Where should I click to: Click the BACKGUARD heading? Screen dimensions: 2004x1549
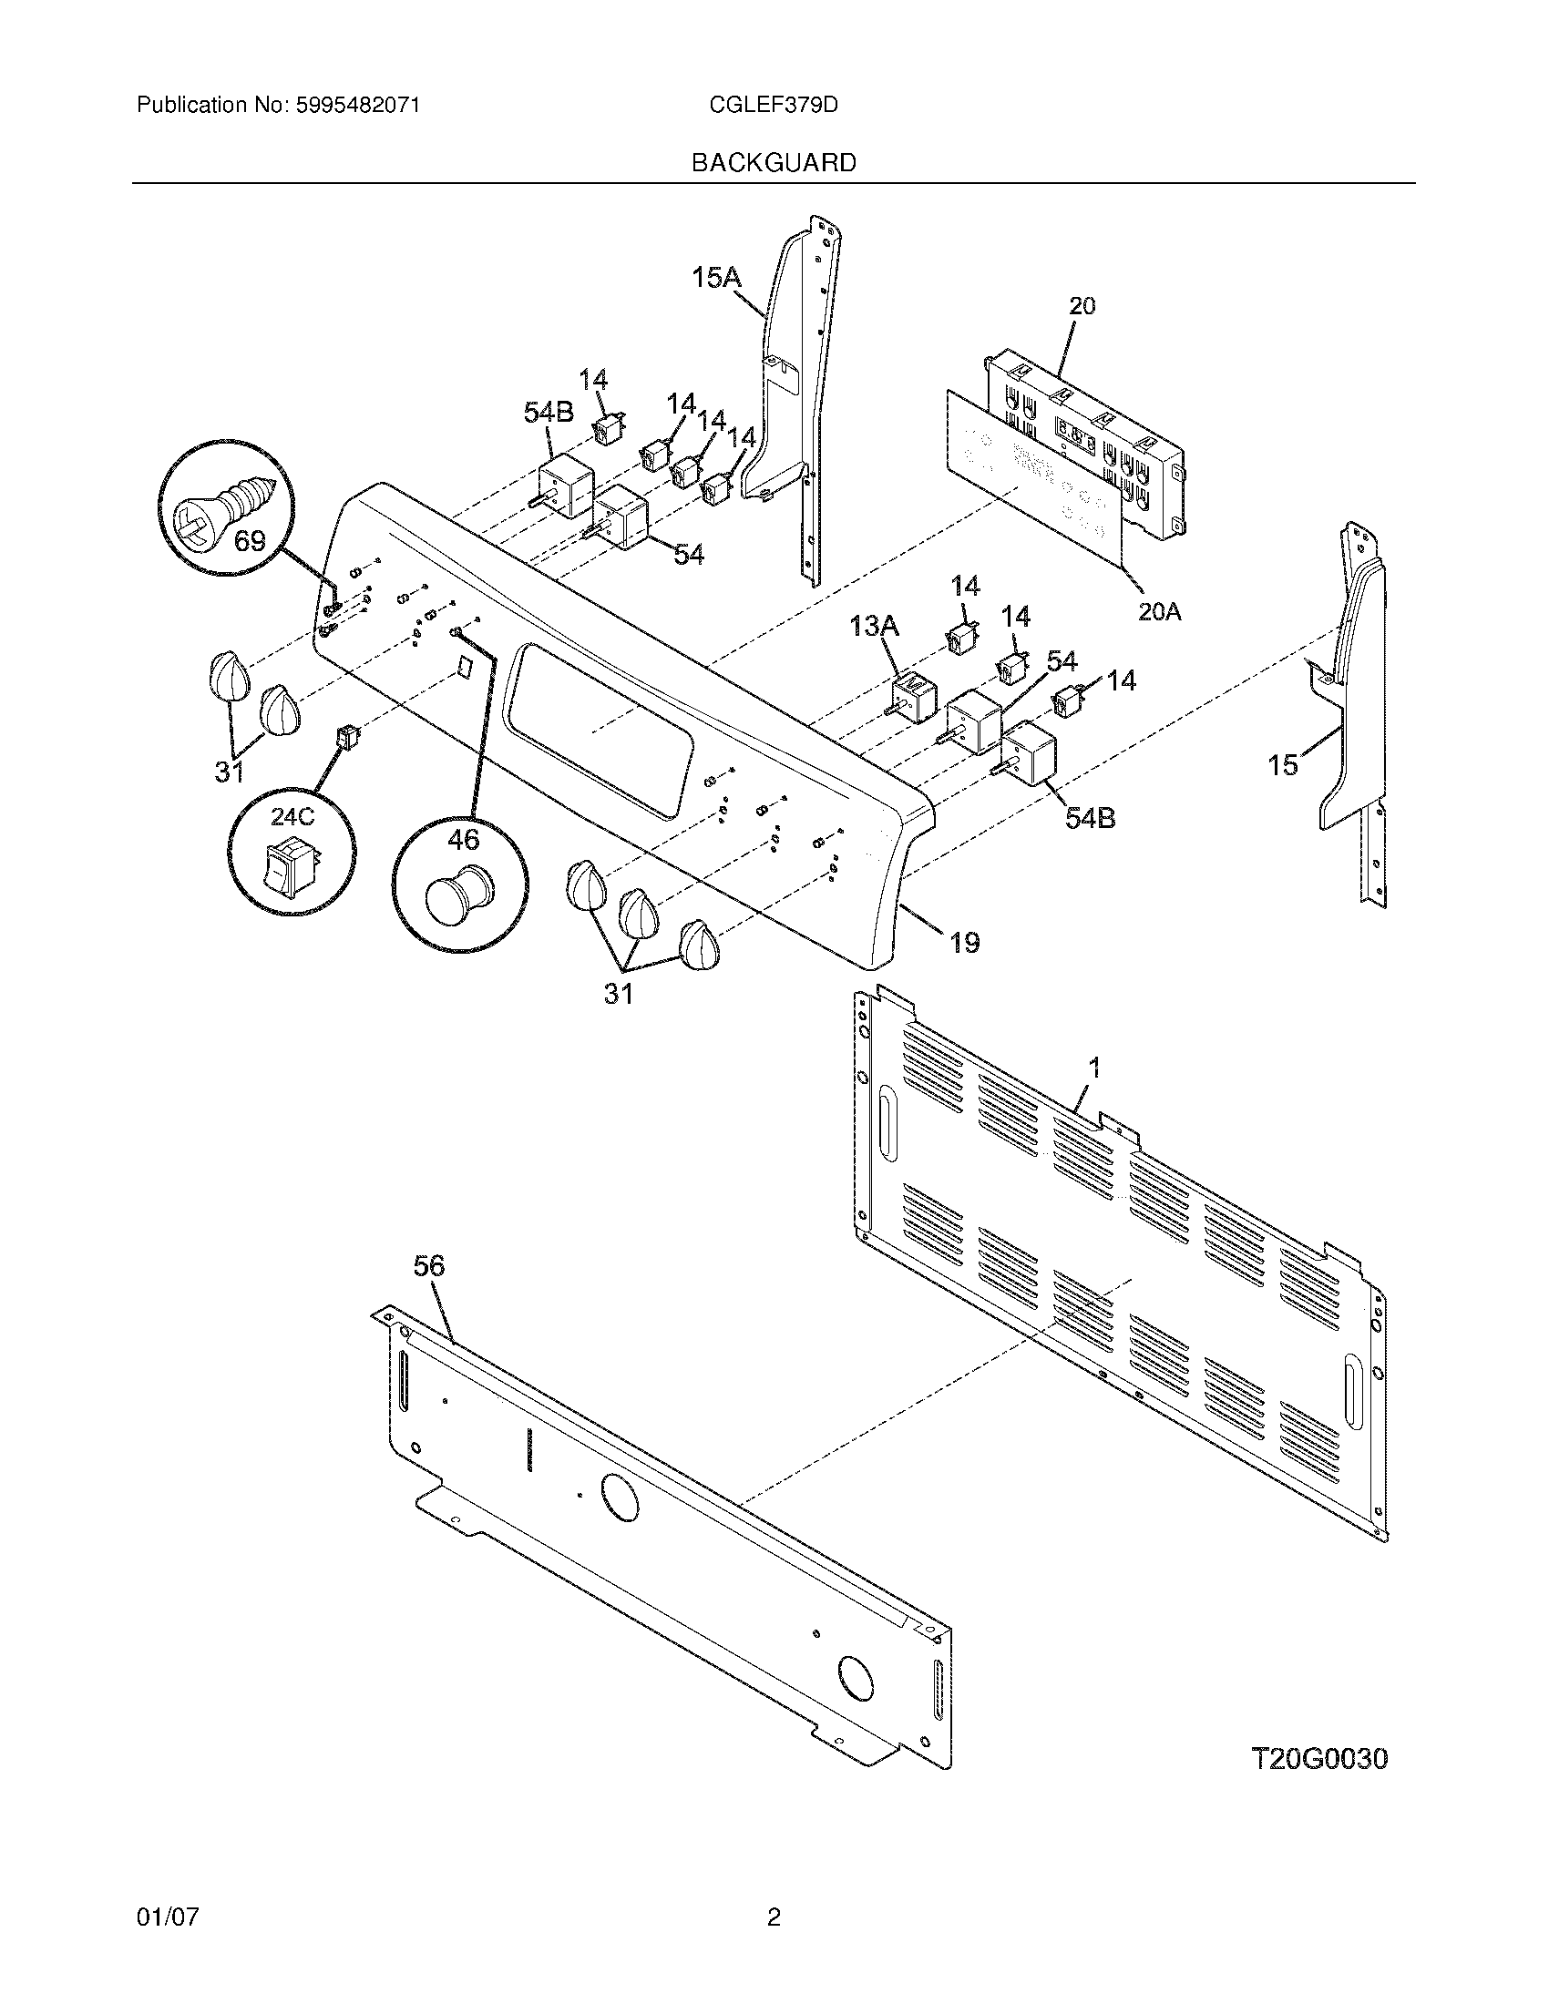(773, 163)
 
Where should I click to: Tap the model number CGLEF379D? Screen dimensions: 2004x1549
(773, 106)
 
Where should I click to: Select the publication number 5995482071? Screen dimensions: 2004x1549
(357, 106)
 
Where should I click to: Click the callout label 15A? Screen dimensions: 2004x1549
(717, 277)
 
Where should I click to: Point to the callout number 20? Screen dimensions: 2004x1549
(1082, 306)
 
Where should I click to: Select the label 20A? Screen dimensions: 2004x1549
(1159, 611)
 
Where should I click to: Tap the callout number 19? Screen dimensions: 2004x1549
(963, 942)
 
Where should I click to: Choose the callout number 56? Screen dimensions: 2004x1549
(428, 1266)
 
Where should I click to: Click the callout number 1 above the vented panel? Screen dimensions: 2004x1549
(1093, 1068)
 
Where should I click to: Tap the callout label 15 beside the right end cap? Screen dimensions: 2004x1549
(1283, 764)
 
